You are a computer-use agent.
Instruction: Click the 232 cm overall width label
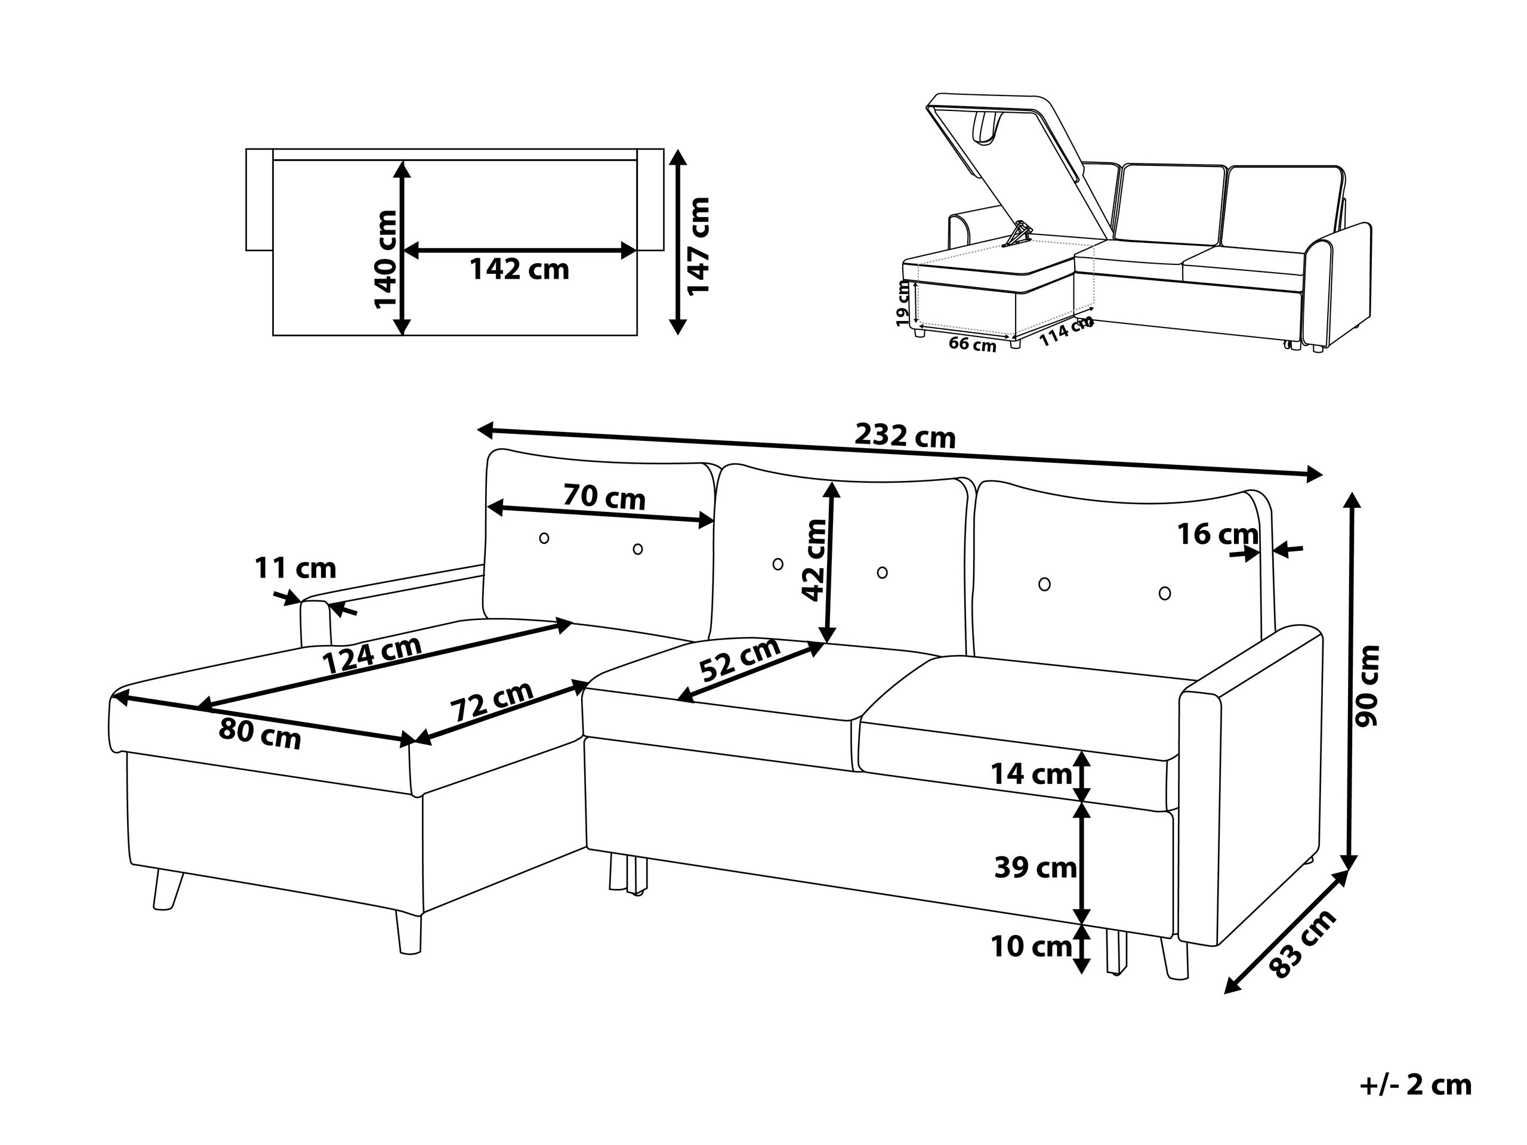[905, 436]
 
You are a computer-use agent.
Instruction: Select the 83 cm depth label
[1302, 944]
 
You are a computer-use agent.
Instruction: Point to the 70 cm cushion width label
[604, 497]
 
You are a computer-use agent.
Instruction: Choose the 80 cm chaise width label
[260, 734]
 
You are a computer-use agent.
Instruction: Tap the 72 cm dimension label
[492, 701]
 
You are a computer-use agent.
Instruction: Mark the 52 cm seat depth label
[740, 659]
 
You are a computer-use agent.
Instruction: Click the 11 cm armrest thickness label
[295, 569]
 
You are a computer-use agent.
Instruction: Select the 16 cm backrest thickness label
[1218, 534]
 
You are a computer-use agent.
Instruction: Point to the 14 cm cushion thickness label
[1031, 774]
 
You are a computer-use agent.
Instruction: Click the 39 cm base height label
[1035, 868]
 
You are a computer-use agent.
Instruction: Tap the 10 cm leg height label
[1031, 947]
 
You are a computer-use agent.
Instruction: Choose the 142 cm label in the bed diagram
[519, 269]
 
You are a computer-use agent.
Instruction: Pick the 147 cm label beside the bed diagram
[698, 245]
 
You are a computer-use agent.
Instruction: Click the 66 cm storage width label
[972, 344]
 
